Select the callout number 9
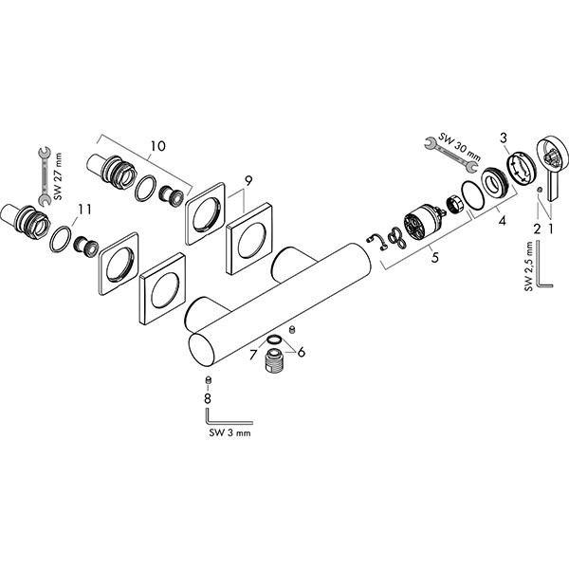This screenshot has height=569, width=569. [248, 179]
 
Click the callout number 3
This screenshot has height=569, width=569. [504, 140]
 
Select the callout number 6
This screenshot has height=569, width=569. [301, 353]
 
